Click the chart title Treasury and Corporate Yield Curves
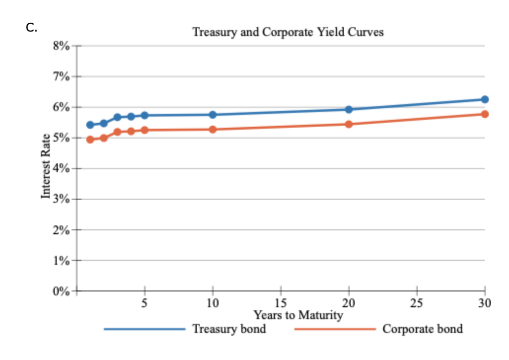(288, 33)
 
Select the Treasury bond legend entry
(229, 328)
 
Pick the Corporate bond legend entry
(422, 328)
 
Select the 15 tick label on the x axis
(281, 303)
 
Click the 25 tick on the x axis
(417, 303)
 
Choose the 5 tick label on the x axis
(145, 303)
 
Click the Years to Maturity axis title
(298, 315)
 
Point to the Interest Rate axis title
(46, 166)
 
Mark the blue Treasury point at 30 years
(485, 99)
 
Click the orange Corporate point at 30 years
(485, 114)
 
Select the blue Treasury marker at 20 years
(349, 109)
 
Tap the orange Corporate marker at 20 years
(349, 124)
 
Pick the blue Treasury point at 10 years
(213, 114)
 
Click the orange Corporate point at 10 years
(213, 129)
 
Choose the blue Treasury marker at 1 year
(90, 125)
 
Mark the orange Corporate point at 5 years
(145, 130)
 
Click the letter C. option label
(32, 28)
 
